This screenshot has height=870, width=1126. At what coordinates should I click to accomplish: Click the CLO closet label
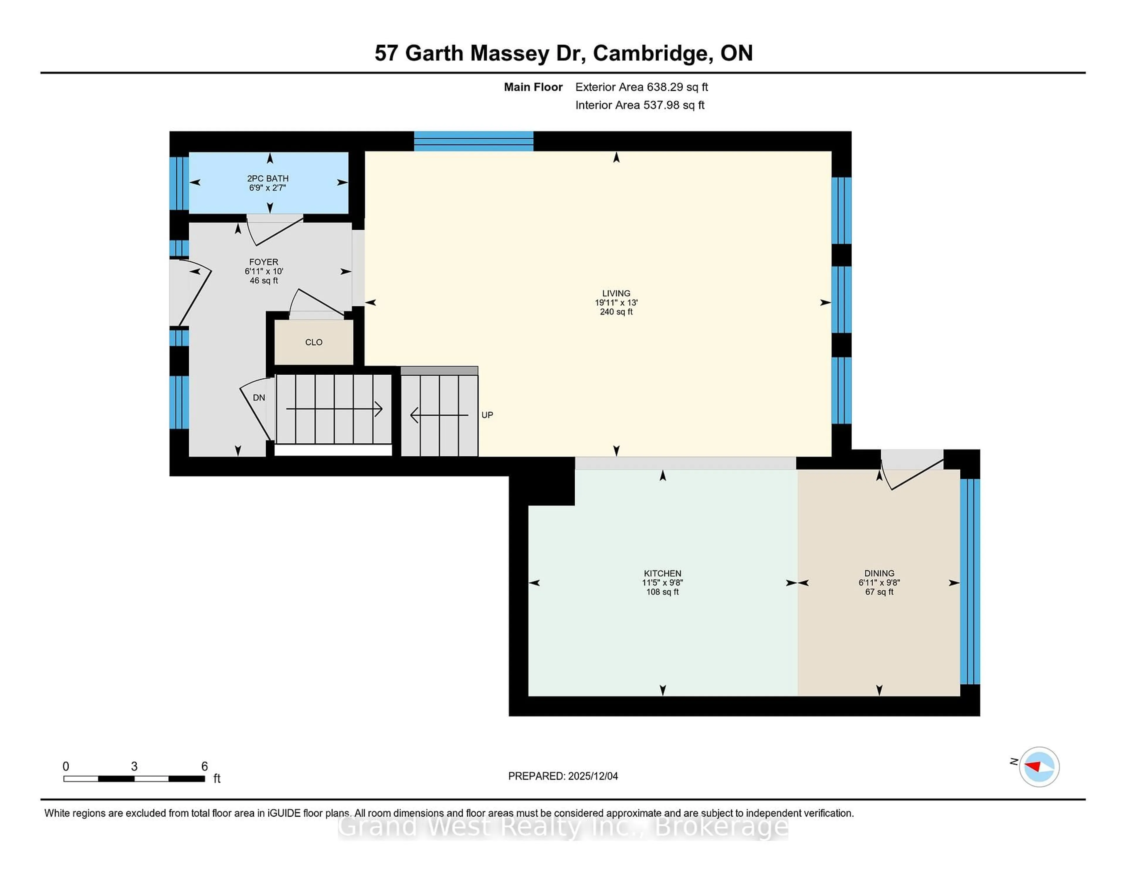click(313, 342)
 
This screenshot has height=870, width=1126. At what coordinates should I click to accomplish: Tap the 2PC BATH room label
click(268, 178)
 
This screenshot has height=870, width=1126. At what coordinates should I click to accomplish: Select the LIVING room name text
click(616, 293)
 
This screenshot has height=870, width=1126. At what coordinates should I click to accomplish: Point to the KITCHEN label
click(662, 573)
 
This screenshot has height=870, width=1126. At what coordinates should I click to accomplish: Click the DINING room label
click(879, 573)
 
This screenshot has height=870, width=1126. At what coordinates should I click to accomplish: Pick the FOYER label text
click(263, 262)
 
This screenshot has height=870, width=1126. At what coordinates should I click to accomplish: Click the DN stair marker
click(259, 397)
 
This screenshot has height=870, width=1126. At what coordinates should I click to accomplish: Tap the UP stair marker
click(487, 415)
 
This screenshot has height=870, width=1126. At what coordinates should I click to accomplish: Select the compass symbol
click(1039, 767)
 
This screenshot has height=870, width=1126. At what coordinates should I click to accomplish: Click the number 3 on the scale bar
click(134, 767)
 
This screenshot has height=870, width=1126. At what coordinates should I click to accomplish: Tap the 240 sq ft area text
click(616, 312)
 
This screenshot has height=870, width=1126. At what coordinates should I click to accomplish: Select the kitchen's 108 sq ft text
click(662, 592)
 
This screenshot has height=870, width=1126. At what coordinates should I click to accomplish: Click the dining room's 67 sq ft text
click(879, 592)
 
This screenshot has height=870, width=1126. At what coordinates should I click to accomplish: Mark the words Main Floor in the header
click(533, 87)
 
